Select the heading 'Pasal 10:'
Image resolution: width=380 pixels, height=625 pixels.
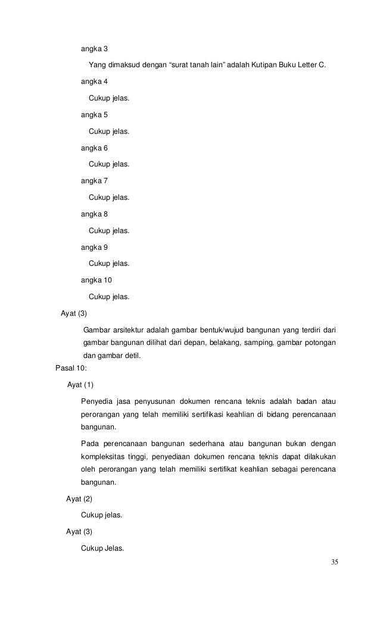[x=70, y=368]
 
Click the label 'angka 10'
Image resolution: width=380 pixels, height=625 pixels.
[x=96, y=279]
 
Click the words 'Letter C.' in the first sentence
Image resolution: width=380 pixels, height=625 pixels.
[x=312, y=64]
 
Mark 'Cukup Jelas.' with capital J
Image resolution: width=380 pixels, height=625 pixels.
[x=102, y=548]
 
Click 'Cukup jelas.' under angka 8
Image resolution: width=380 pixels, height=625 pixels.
[x=108, y=230]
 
